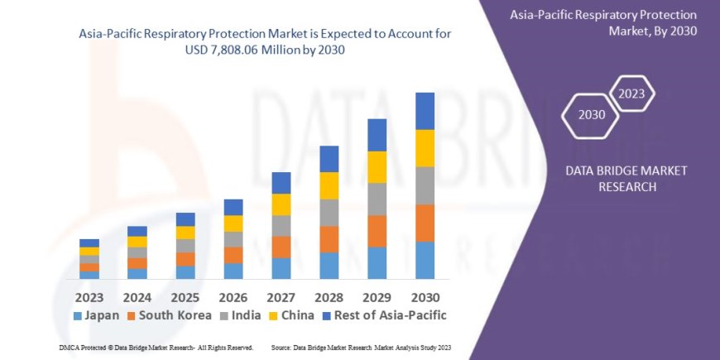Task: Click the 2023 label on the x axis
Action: pos(89,296)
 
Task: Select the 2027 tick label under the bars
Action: pos(281,296)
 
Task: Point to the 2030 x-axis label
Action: pos(425,296)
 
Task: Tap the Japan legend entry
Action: pos(96,315)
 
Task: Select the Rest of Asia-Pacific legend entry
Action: pos(385,315)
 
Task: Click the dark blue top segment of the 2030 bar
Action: pos(425,111)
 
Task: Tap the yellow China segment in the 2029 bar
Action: pos(377,167)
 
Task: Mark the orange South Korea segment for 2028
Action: pos(329,239)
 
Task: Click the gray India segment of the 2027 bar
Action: pos(281,226)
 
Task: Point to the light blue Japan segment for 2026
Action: pos(233,271)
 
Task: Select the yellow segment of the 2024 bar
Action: pos(137,242)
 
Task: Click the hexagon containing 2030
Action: pos(591,113)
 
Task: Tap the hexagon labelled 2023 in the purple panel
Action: pos(631,94)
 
